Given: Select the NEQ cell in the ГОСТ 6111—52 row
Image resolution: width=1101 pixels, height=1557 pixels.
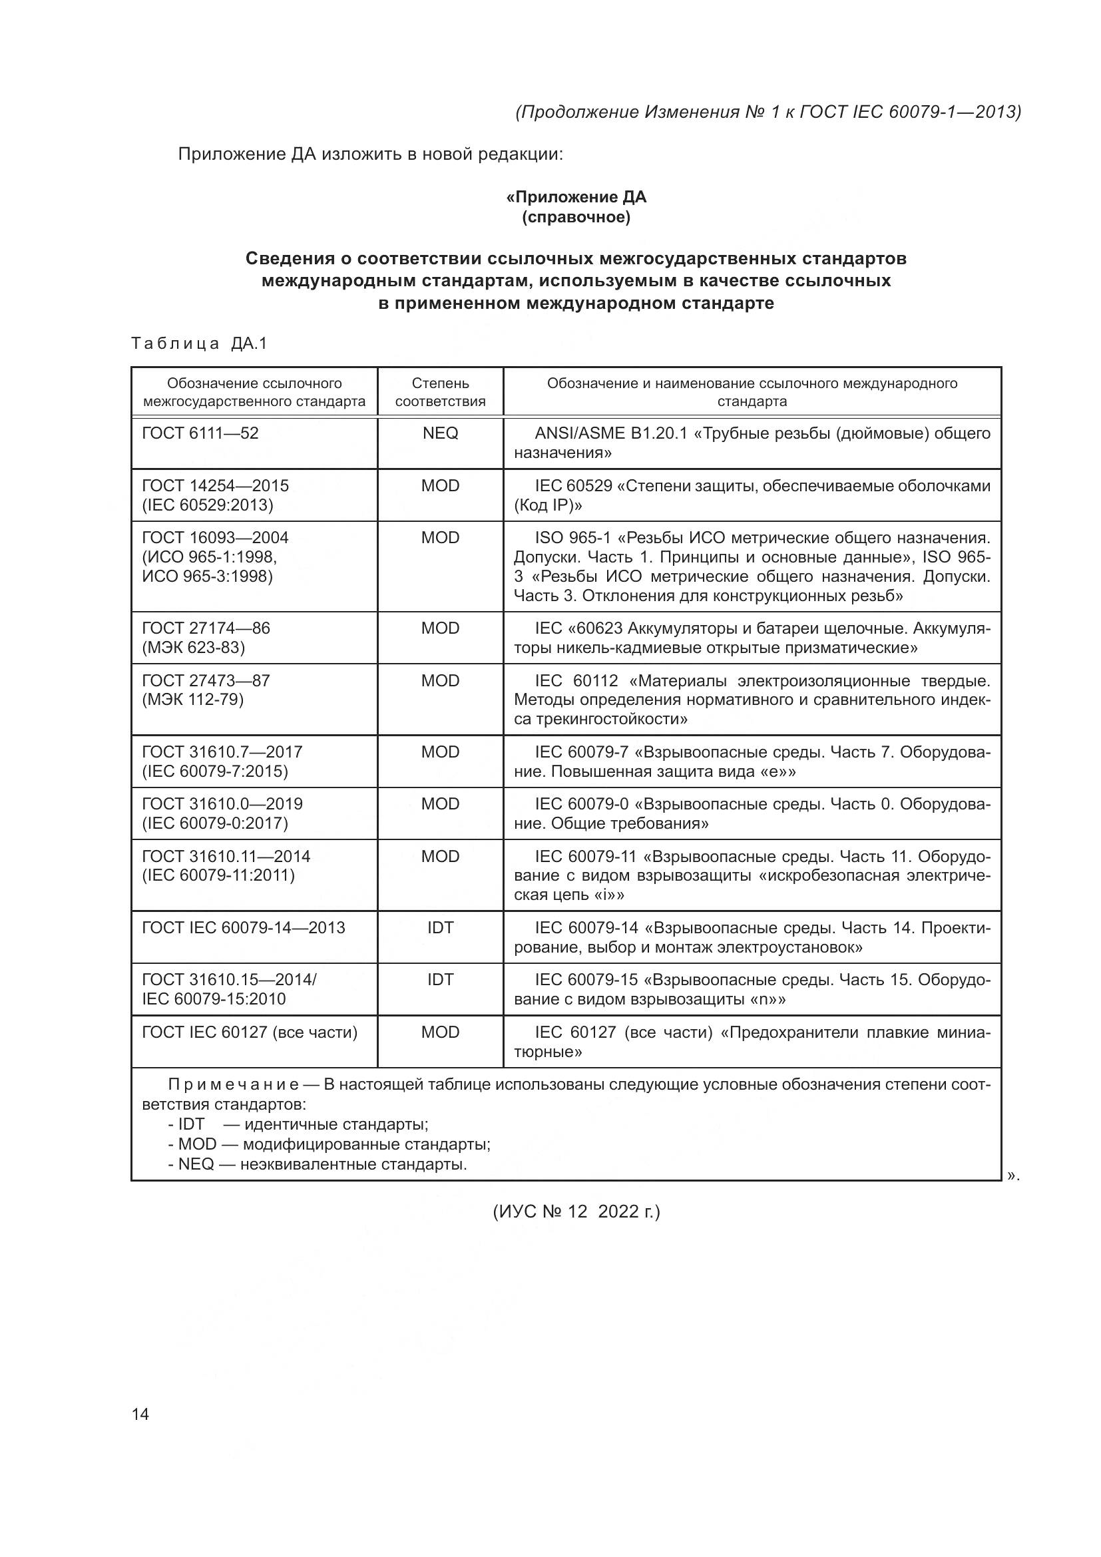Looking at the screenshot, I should (440, 433).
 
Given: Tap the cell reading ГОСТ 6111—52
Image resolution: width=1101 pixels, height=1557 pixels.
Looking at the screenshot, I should (200, 433).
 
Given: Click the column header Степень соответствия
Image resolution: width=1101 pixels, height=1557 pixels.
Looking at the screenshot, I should (440, 392).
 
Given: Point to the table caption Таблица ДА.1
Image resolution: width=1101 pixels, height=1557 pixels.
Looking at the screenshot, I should (199, 343).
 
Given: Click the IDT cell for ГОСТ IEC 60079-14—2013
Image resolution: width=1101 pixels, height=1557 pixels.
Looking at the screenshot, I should (440, 927).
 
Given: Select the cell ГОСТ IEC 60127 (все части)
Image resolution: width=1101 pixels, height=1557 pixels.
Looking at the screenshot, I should (250, 1032).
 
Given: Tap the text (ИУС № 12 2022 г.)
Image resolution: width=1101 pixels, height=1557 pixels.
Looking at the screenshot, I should (576, 1211).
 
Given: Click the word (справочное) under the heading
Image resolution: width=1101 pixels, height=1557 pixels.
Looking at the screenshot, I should (576, 217).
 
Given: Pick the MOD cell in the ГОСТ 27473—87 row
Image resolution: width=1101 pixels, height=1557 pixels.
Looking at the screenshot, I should (440, 680).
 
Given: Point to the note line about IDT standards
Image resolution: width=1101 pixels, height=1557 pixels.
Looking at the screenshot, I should (298, 1124).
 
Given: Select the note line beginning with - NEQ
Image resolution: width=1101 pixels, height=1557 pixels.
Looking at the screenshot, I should (318, 1164).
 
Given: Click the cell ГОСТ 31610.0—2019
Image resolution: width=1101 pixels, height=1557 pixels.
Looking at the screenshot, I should (222, 804).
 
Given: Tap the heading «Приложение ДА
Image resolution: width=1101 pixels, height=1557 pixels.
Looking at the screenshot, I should (576, 197).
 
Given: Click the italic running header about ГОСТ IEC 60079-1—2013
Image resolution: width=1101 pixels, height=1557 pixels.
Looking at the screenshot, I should (768, 112).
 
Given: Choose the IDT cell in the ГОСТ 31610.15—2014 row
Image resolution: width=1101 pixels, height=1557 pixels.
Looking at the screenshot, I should (440, 979).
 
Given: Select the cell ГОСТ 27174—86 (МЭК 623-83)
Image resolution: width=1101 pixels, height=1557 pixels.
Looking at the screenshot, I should (206, 638).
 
